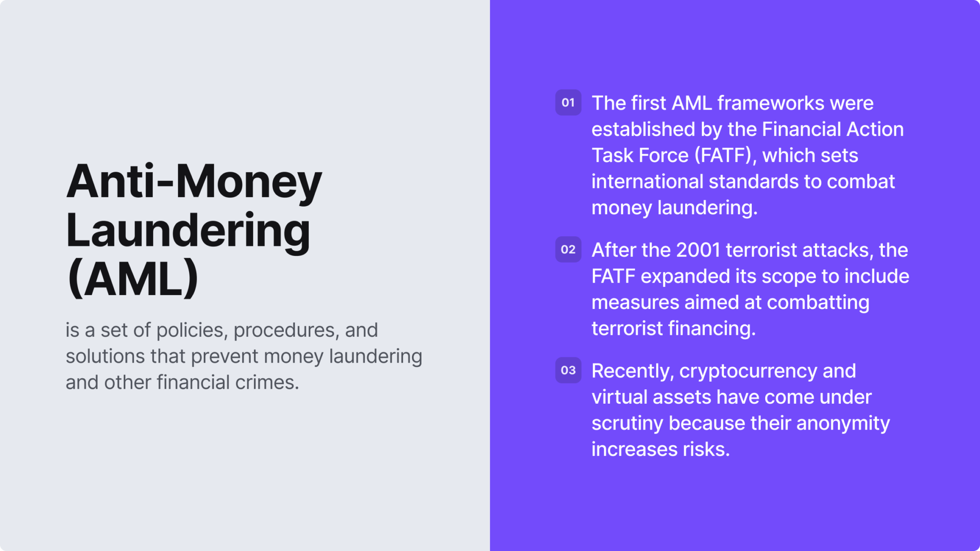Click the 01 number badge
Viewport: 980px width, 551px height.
click(568, 102)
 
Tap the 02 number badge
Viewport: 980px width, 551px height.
click(568, 249)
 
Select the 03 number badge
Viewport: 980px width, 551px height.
click(568, 370)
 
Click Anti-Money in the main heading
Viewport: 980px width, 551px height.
click(194, 182)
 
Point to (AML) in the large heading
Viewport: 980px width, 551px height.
click(133, 278)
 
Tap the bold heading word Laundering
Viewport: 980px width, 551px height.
click(188, 231)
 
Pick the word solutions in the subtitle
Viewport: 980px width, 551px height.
click(105, 356)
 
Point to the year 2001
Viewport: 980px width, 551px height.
click(698, 250)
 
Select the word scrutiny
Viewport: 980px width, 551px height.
click(627, 424)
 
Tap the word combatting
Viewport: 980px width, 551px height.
click(818, 303)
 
